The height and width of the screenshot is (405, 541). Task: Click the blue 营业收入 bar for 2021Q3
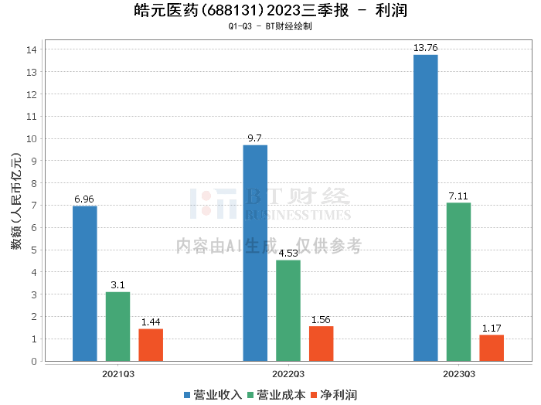point(85,283)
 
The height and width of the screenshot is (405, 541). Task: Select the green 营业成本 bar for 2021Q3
point(117,326)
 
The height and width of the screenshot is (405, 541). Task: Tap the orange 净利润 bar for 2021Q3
point(151,345)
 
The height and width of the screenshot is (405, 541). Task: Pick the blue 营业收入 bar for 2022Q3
point(255,253)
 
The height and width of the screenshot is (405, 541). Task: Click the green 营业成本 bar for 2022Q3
point(288,310)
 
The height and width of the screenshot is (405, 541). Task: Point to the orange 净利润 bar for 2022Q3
point(321,343)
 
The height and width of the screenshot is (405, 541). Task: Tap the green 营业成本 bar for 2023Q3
point(458,281)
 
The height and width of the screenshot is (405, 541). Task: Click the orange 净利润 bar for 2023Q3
point(492,348)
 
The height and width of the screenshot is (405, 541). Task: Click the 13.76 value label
point(426,48)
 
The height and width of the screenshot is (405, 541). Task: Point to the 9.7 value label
point(255,138)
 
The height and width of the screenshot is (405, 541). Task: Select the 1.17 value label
point(492,328)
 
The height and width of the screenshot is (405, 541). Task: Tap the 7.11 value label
point(458,196)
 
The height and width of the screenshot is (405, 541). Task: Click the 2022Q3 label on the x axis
point(288,373)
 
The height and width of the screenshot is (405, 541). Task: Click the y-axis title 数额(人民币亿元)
point(15,205)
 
